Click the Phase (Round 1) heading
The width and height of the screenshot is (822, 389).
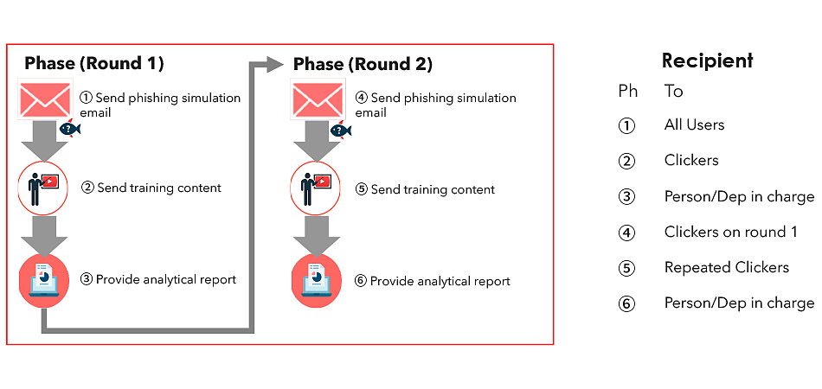94,63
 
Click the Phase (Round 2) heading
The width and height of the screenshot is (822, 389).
363,64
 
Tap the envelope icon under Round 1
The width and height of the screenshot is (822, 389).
45,99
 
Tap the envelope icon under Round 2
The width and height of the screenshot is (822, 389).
318,99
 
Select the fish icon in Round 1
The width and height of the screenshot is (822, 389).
70,128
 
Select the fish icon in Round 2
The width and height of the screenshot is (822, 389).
340,130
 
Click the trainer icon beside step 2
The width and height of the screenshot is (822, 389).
43,188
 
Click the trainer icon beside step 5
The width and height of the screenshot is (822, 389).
316,188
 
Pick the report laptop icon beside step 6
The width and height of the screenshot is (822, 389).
317,281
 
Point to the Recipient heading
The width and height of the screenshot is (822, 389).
707,61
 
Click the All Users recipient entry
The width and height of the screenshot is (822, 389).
694,124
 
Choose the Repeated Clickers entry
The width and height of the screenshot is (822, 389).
727,267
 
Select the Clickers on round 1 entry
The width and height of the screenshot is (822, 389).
731,232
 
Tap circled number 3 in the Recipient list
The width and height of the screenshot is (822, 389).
626,197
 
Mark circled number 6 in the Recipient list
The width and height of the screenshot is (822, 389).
626,303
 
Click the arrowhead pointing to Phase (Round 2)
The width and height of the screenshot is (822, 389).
273,64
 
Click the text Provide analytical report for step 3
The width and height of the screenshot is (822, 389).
165,279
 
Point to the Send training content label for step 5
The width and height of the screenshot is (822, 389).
433,189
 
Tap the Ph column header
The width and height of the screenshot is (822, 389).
628,91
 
